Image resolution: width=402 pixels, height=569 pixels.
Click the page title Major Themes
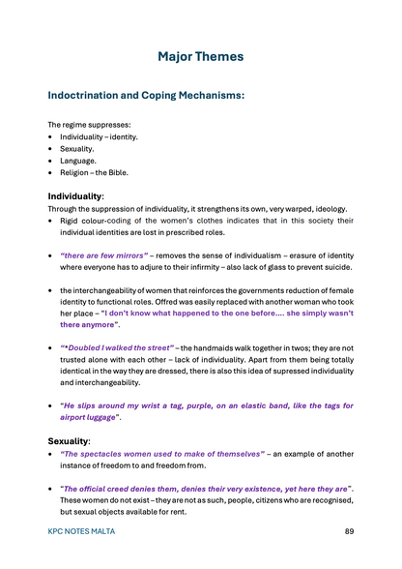pos(201,57)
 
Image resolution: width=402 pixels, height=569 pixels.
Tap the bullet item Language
pos(78,161)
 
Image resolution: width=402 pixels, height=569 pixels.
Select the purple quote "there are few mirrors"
pos(104,255)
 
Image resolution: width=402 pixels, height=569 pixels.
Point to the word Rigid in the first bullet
pos(72,222)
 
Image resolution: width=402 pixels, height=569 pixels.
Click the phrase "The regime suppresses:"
pos(90,125)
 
